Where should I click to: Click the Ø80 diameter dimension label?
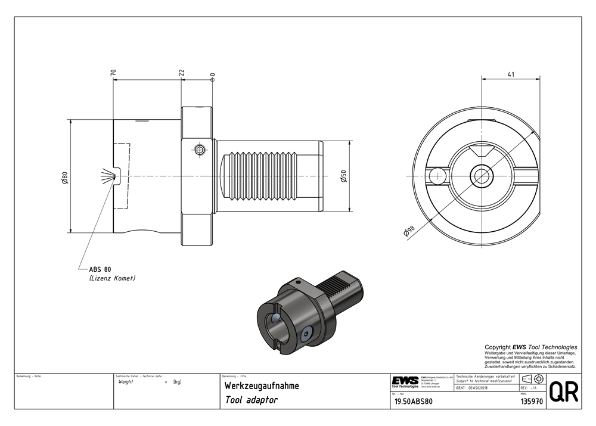point(65,177)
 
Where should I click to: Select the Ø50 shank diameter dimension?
point(344,177)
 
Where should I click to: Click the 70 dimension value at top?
point(113,73)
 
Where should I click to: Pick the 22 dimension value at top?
point(181,73)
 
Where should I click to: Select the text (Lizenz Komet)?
point(112,278)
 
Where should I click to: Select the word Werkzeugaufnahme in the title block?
point(262,386)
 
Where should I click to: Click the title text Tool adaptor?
point(251,400)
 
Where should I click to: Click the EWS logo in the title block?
point(405,381)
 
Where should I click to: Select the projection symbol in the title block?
point(531,380)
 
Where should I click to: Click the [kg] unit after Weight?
point(177,382)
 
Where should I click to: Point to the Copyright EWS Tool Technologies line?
point(530,347)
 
